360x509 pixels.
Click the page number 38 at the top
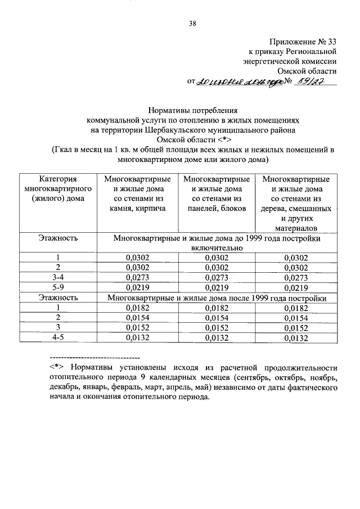(192, 23)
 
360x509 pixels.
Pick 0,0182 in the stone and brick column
(137, 308)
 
